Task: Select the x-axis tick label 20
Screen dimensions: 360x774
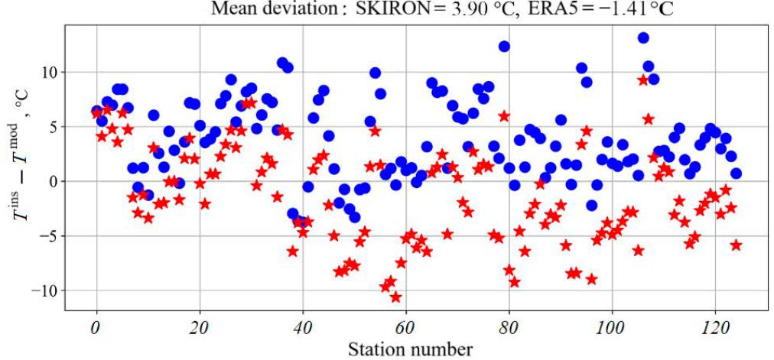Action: click(x=199, y=329)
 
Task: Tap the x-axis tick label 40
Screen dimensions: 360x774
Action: click(x=303, y=329)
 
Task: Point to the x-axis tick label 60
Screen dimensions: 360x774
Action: click(x=405, y=329)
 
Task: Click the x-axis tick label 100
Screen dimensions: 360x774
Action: click(x=612, y=329)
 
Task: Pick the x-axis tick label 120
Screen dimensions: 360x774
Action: click(x=715, y=329)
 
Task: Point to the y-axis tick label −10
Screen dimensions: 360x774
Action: click(x=44, y=291)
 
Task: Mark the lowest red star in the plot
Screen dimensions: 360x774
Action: click(x=395, y=297)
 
